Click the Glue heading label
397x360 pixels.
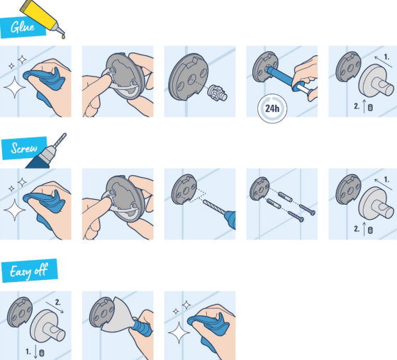tap(23, 28)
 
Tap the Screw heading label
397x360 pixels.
tap(24, 148)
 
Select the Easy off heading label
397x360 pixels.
tap(29, 271)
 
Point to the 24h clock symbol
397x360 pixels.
tap(272, 108)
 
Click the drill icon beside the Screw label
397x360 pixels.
tap(46, 152)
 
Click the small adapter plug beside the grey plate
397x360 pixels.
tap(217, 93)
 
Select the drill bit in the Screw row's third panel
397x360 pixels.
tap(214, 207)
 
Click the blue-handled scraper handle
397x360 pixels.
tap(141, 328)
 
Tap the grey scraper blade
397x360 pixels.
tap(117, 315)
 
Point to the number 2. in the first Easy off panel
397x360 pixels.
tap(58, 303)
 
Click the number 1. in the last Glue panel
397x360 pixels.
tap(386, 57)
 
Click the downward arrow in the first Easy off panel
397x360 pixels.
tap(35, 352)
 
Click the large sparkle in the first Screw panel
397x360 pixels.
tap(15, 210)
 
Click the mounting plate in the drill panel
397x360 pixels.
tap(184, 189)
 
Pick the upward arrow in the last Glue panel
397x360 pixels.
tap(364, 106)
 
